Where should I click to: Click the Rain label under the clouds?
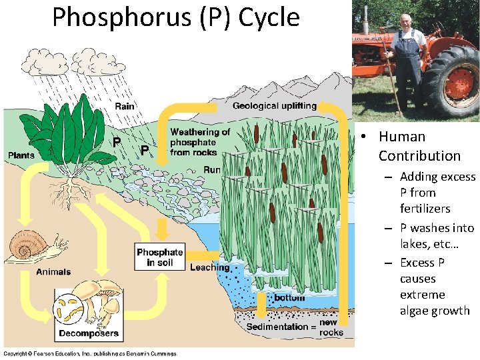click(125, 106)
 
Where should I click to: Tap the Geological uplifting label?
click(274, 106)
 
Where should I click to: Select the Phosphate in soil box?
click(159, 257)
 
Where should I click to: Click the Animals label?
click(53, 272)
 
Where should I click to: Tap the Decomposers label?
click(89, 333)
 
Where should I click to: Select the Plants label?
click(21, 156)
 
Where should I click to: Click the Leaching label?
click(210, 268)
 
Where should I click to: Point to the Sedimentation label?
click(278, 327)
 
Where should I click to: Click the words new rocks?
click(331, 327)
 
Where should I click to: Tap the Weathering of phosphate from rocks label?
click(199, 142)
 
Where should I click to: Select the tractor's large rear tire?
click(452, 81)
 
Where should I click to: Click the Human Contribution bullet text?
click(419, 146)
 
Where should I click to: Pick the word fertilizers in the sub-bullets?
click(425, 209)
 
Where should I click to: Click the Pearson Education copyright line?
click(90, 353)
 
